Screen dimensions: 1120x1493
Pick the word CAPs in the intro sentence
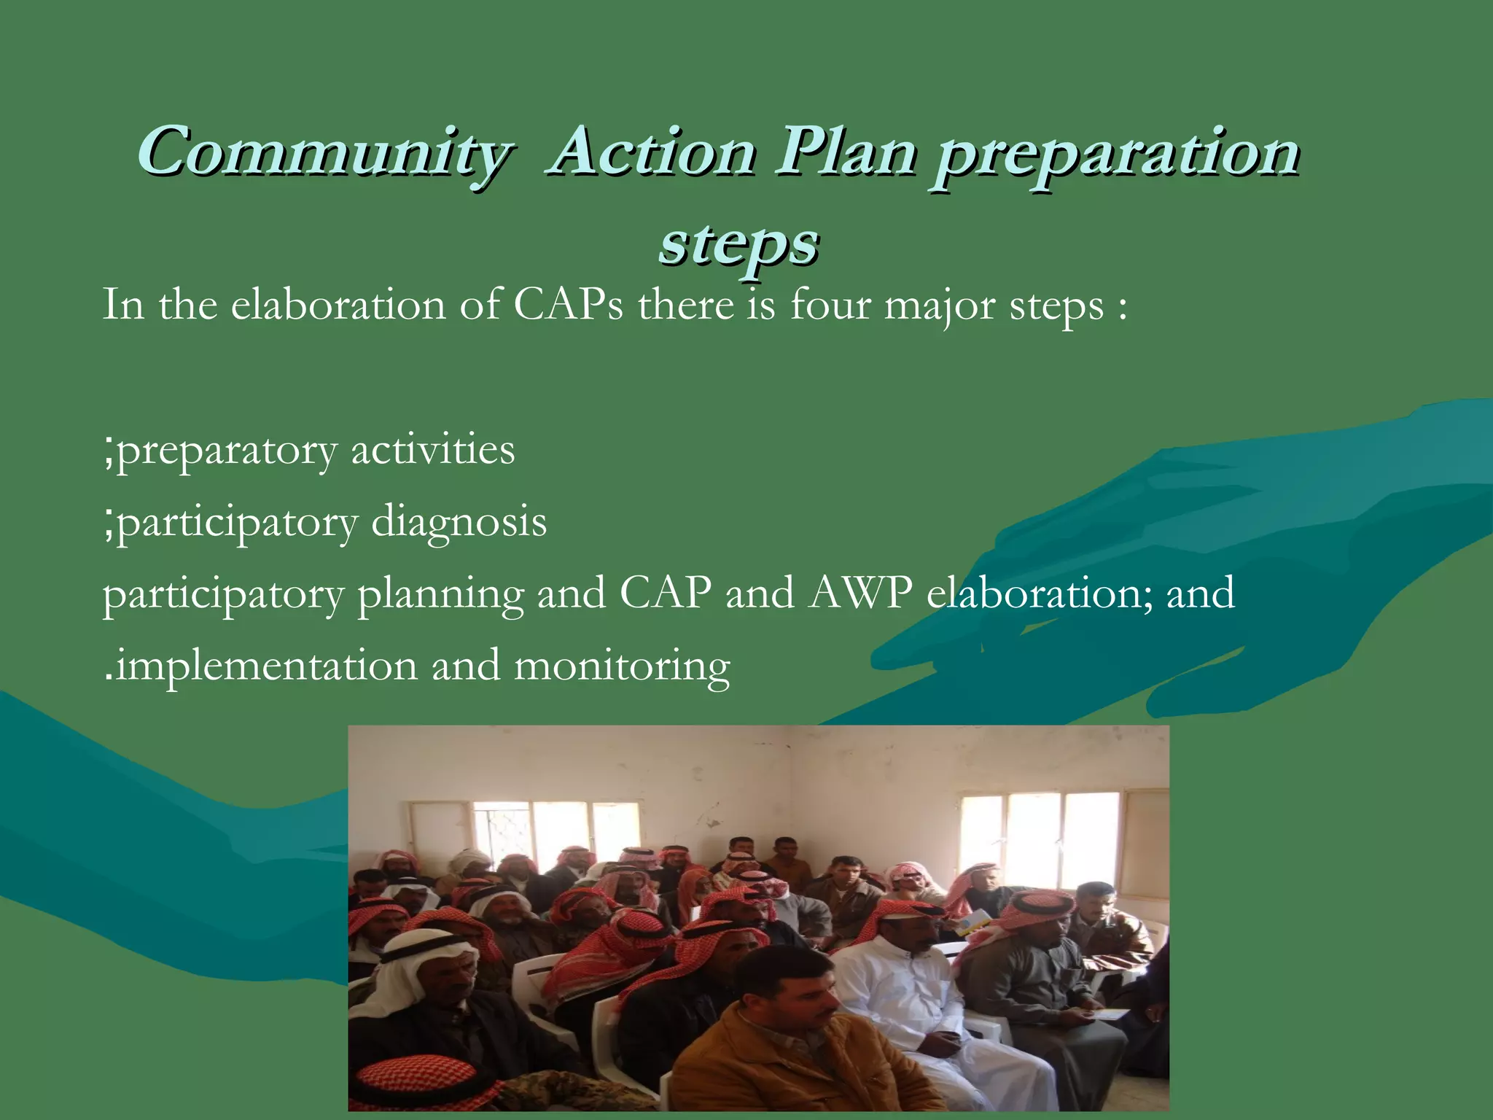[x=568, y=304]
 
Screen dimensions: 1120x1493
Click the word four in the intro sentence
[x=830, y=304]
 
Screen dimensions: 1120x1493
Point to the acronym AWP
[x=860, y=593]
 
